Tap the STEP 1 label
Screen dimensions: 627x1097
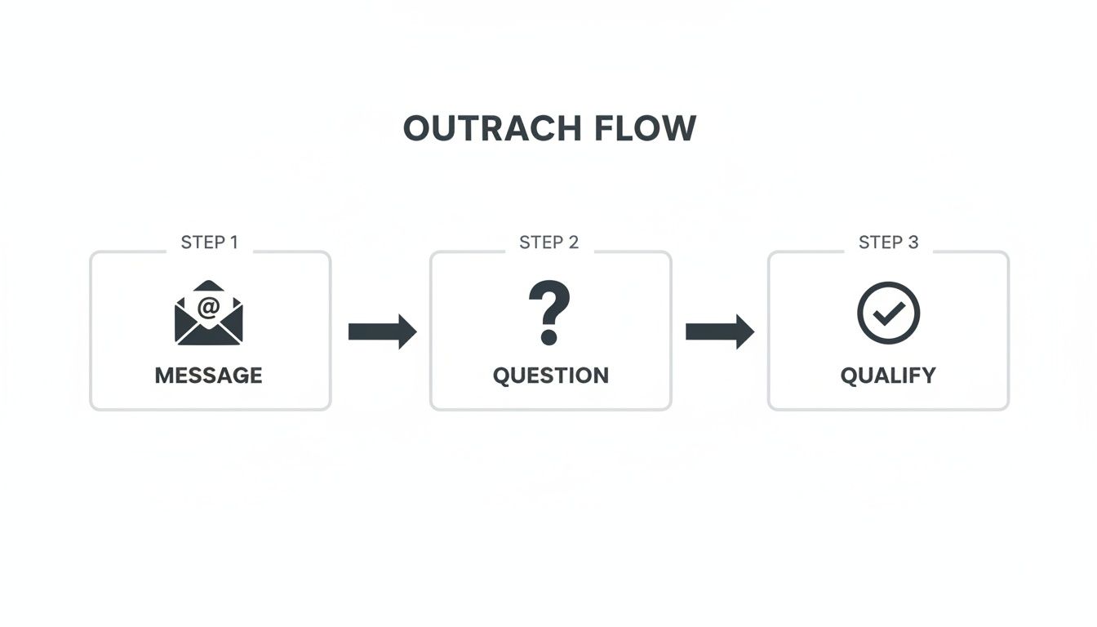tap(209, 242)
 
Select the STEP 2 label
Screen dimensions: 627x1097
tap(548, 242)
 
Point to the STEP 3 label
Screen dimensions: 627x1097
tap(888, 242)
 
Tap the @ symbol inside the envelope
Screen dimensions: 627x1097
tap(209, 307)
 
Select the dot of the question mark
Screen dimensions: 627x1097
tap(548, 336)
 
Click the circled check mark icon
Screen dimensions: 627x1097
tap(888, 313)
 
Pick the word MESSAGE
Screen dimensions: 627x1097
tap(209, 376)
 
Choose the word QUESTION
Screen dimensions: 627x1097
tap(550, 376)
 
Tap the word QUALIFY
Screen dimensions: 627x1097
tap(888, 376)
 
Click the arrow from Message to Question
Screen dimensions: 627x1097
tap(382, 331)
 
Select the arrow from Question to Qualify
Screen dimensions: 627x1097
tap(719, 331)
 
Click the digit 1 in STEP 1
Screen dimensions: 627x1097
tap(233, 242)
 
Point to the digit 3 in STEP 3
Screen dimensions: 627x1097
tap(913, 242)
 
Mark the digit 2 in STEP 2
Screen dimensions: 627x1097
tap(573, 242)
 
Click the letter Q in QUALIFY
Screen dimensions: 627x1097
tap(849, 376)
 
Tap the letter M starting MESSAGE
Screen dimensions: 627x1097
tap(163, 376)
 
